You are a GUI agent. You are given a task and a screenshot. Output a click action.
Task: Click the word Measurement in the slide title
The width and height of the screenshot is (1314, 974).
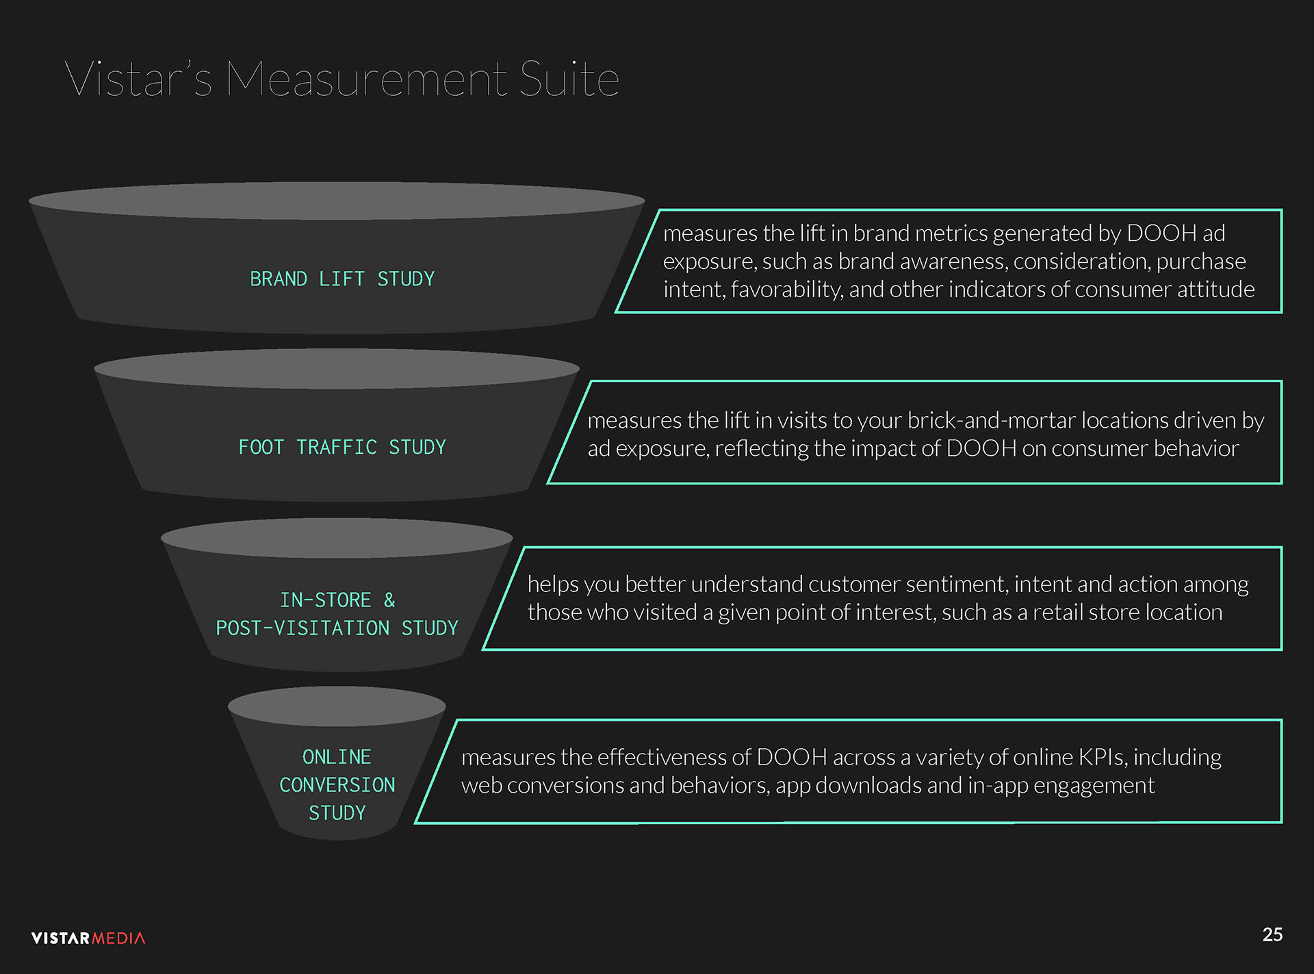tap(366, 79)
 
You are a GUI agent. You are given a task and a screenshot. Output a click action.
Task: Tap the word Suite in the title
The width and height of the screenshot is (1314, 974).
tap(569, 79)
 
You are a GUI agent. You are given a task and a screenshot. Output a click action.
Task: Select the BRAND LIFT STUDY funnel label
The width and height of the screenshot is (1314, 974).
tap(342, 279)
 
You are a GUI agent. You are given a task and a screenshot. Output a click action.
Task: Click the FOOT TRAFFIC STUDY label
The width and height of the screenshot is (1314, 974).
tap(342, 448)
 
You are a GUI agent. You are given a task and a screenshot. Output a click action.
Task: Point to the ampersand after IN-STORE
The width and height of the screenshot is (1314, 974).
tap(389, 600)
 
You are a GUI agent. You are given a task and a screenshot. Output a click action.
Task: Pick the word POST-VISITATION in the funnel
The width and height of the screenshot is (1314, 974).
tap(302, 628)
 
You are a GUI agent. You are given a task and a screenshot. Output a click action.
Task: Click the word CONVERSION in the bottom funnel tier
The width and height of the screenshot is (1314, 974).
tap(337, 785)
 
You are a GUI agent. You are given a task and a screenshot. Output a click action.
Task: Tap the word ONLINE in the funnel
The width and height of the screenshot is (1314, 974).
tap(337, 757)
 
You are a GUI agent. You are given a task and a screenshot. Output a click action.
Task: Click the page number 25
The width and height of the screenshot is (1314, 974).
tap(1272, 935)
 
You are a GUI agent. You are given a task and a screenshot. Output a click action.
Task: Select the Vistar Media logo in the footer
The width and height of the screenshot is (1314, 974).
tap(88, 938)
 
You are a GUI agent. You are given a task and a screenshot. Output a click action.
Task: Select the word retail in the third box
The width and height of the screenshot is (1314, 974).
tap(1058, 613)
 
